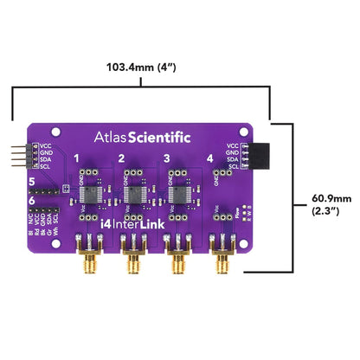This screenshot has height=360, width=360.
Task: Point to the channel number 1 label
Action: (77, 159)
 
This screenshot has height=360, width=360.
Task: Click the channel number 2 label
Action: (122, 159)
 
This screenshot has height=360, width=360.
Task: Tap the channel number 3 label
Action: (166, 159)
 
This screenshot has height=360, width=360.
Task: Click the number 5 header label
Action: (32, 183)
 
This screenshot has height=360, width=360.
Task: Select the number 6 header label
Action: (32, 202)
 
